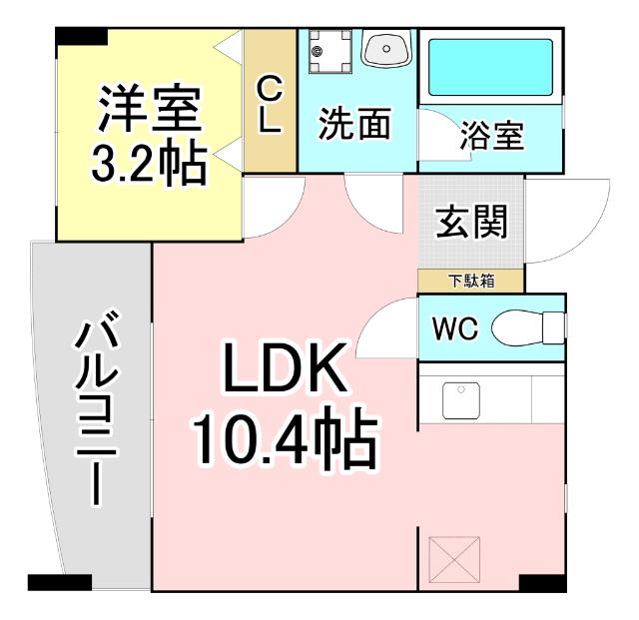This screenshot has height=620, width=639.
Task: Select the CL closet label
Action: tap(271, 106)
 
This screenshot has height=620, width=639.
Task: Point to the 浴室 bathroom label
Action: tap(491, 137)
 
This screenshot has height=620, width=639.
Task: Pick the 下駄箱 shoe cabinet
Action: tap(470, 281)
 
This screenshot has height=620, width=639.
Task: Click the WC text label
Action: tap(455, 327)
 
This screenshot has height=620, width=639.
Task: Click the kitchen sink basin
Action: tap(459, 400)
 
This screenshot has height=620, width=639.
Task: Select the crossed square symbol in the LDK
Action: tap(455, 559)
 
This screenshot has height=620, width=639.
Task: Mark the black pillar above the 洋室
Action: tap(80, 37)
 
